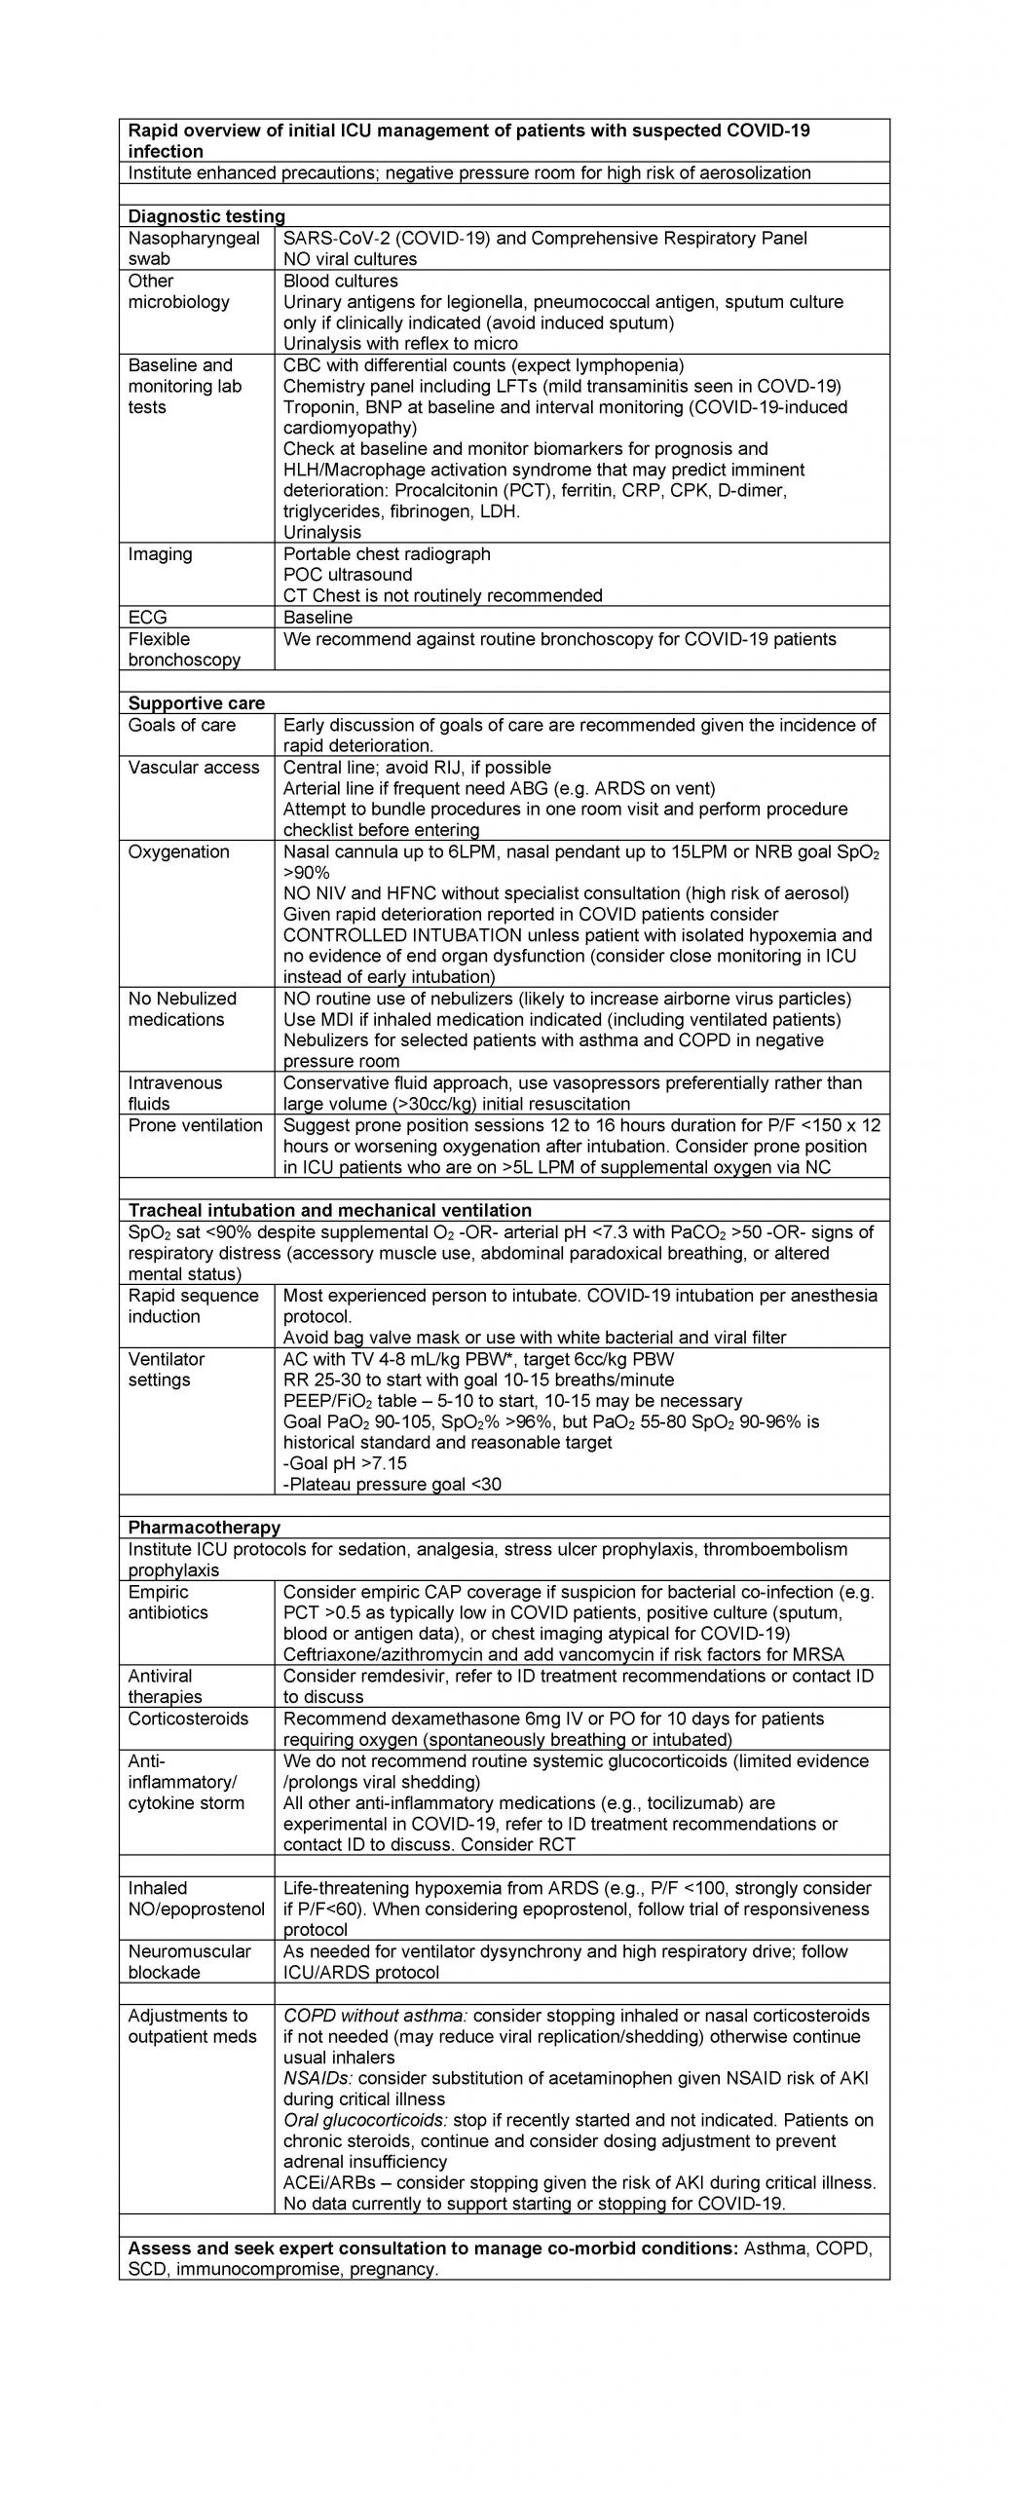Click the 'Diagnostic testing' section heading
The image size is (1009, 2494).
pyautogui.click(x=206, y=216)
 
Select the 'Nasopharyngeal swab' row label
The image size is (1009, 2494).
pyautogui.click(x=194, y=248)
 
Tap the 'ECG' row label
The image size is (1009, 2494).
pyautogui.click(x=148, y=617)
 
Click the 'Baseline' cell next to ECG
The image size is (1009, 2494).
pyautogui.click(x=318, y=617)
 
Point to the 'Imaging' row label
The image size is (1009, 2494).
pyautogui.click(x=160, y=553)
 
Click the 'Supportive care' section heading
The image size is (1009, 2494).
pyautogui.click(x=197, y=702)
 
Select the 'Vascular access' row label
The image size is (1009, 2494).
pyautogui.click(x=194, y=767)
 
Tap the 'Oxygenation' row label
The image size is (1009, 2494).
pyautogui.click(x=178, y=850)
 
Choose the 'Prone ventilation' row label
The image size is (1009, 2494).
pyautogui.click(x=195, y=1125)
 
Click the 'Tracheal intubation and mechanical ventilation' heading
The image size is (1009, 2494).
pyautogui.click(x=330, y=1210)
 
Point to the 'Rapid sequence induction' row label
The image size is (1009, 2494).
pyautogui.click(x=193, y=1305)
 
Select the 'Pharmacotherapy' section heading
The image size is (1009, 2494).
pyautogui.click(x=205, y=1527)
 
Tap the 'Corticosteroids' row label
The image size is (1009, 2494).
pyautogui.click(x=188, y=1718)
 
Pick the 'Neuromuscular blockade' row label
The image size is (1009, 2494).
pyautogui.click(x=189, y=1961)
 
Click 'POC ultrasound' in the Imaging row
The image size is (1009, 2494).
pyautogui.click(x=348, y=574)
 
